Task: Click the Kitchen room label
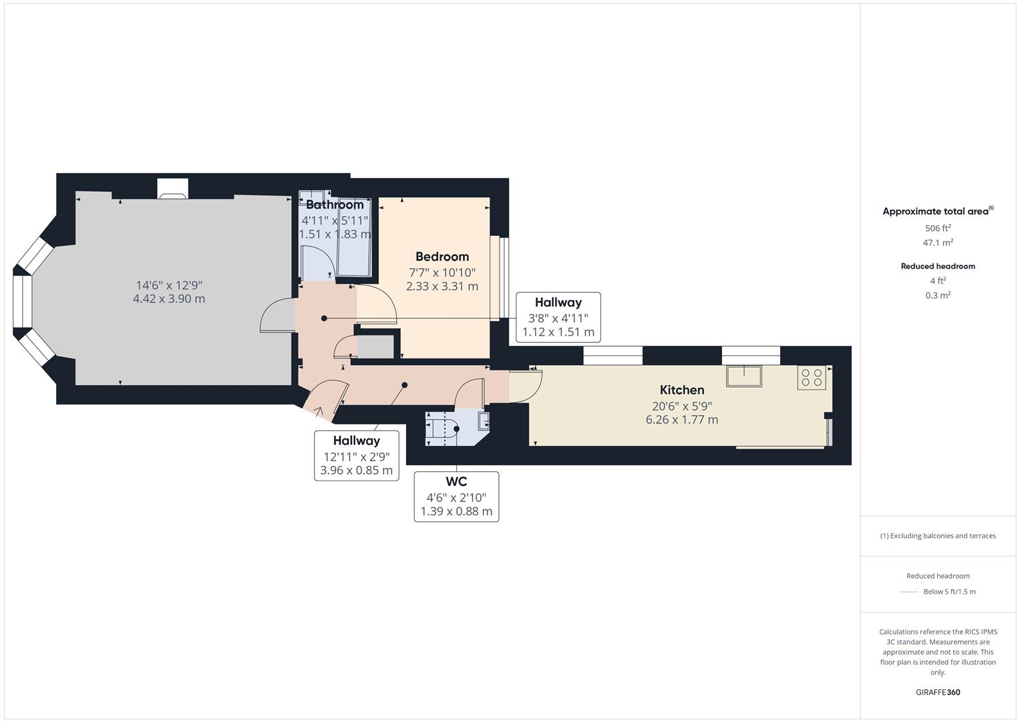681,390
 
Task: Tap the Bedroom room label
442,257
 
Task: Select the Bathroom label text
334,205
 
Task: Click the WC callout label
456,481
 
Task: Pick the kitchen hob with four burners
812,378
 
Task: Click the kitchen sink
743,376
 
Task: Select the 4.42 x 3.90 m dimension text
169,299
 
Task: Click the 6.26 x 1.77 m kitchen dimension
681,420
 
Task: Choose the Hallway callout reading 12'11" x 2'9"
357,455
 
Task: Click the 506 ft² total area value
937,228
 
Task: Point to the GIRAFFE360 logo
937,692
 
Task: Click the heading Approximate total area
937,211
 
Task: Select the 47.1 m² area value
937,243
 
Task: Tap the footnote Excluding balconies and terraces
937,535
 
